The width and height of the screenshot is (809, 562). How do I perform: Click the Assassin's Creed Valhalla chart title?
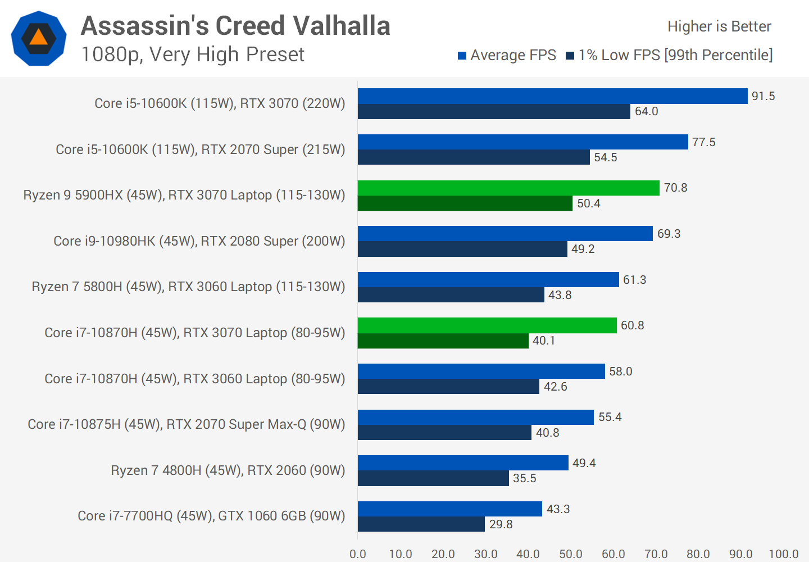click(x=235, y=26)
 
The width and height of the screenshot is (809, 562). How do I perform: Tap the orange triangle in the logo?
click(x=38, y=38)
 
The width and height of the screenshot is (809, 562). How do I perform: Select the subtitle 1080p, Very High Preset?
click(x=192, y=55)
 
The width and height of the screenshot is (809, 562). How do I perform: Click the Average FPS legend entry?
click(x=507, y=55)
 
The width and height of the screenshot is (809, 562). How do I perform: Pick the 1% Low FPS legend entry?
click(x=669, y=55)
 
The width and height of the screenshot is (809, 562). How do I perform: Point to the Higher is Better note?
click(x=719, y=26)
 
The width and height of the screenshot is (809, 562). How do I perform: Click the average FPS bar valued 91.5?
click(x=552, y=96)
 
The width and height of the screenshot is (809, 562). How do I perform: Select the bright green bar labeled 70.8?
click(x=508, y=188)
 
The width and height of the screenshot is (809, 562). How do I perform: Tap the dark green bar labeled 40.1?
click(x=443, y=341)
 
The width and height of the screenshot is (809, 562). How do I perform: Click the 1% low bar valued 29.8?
click(x=421, y=524)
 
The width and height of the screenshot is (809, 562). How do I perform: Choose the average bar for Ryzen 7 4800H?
click(x=463, y=463)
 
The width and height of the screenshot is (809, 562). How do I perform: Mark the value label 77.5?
click(x=703, y=142)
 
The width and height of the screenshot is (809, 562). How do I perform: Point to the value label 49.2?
click(x=583, y=249)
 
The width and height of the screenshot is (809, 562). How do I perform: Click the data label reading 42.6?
click(x=555, y=387)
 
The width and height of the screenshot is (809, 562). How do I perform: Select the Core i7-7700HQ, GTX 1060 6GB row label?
click(x=211, y=516)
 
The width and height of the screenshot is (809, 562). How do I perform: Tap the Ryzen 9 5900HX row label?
click(x=184, y=195)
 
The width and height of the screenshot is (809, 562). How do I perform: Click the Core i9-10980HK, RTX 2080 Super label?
click(x=199, y=241)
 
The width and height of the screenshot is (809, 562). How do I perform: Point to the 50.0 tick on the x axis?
click(x=570, y=554)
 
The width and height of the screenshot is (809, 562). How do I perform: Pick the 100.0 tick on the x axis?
click(x=783, y=554)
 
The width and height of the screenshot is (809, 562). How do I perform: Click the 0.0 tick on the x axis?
click(x=358, y=554)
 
